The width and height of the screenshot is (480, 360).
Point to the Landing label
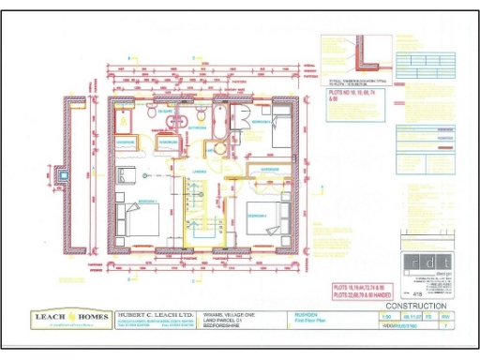click(x=200, y=172)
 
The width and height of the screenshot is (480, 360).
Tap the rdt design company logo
click(x=427, y=264)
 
